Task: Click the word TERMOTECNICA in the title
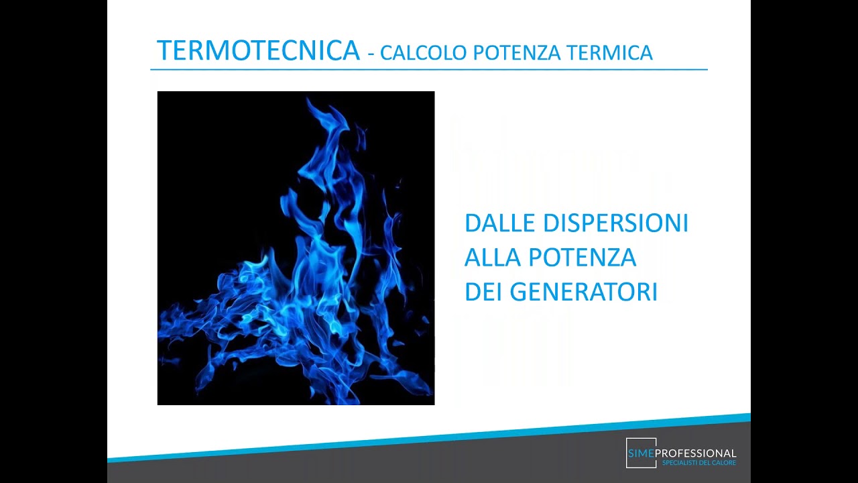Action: (x=258, y=51)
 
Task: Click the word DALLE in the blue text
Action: (x=499, y=223)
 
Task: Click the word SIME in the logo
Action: (x=641, y=454)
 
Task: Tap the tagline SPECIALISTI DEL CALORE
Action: (x=698, y=464)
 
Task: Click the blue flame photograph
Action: (x=296, y=248)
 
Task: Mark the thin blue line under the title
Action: (x=429, y=69)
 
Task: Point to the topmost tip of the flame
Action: (x=308, y=100)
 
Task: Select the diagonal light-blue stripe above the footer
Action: (x=429, y=439)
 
